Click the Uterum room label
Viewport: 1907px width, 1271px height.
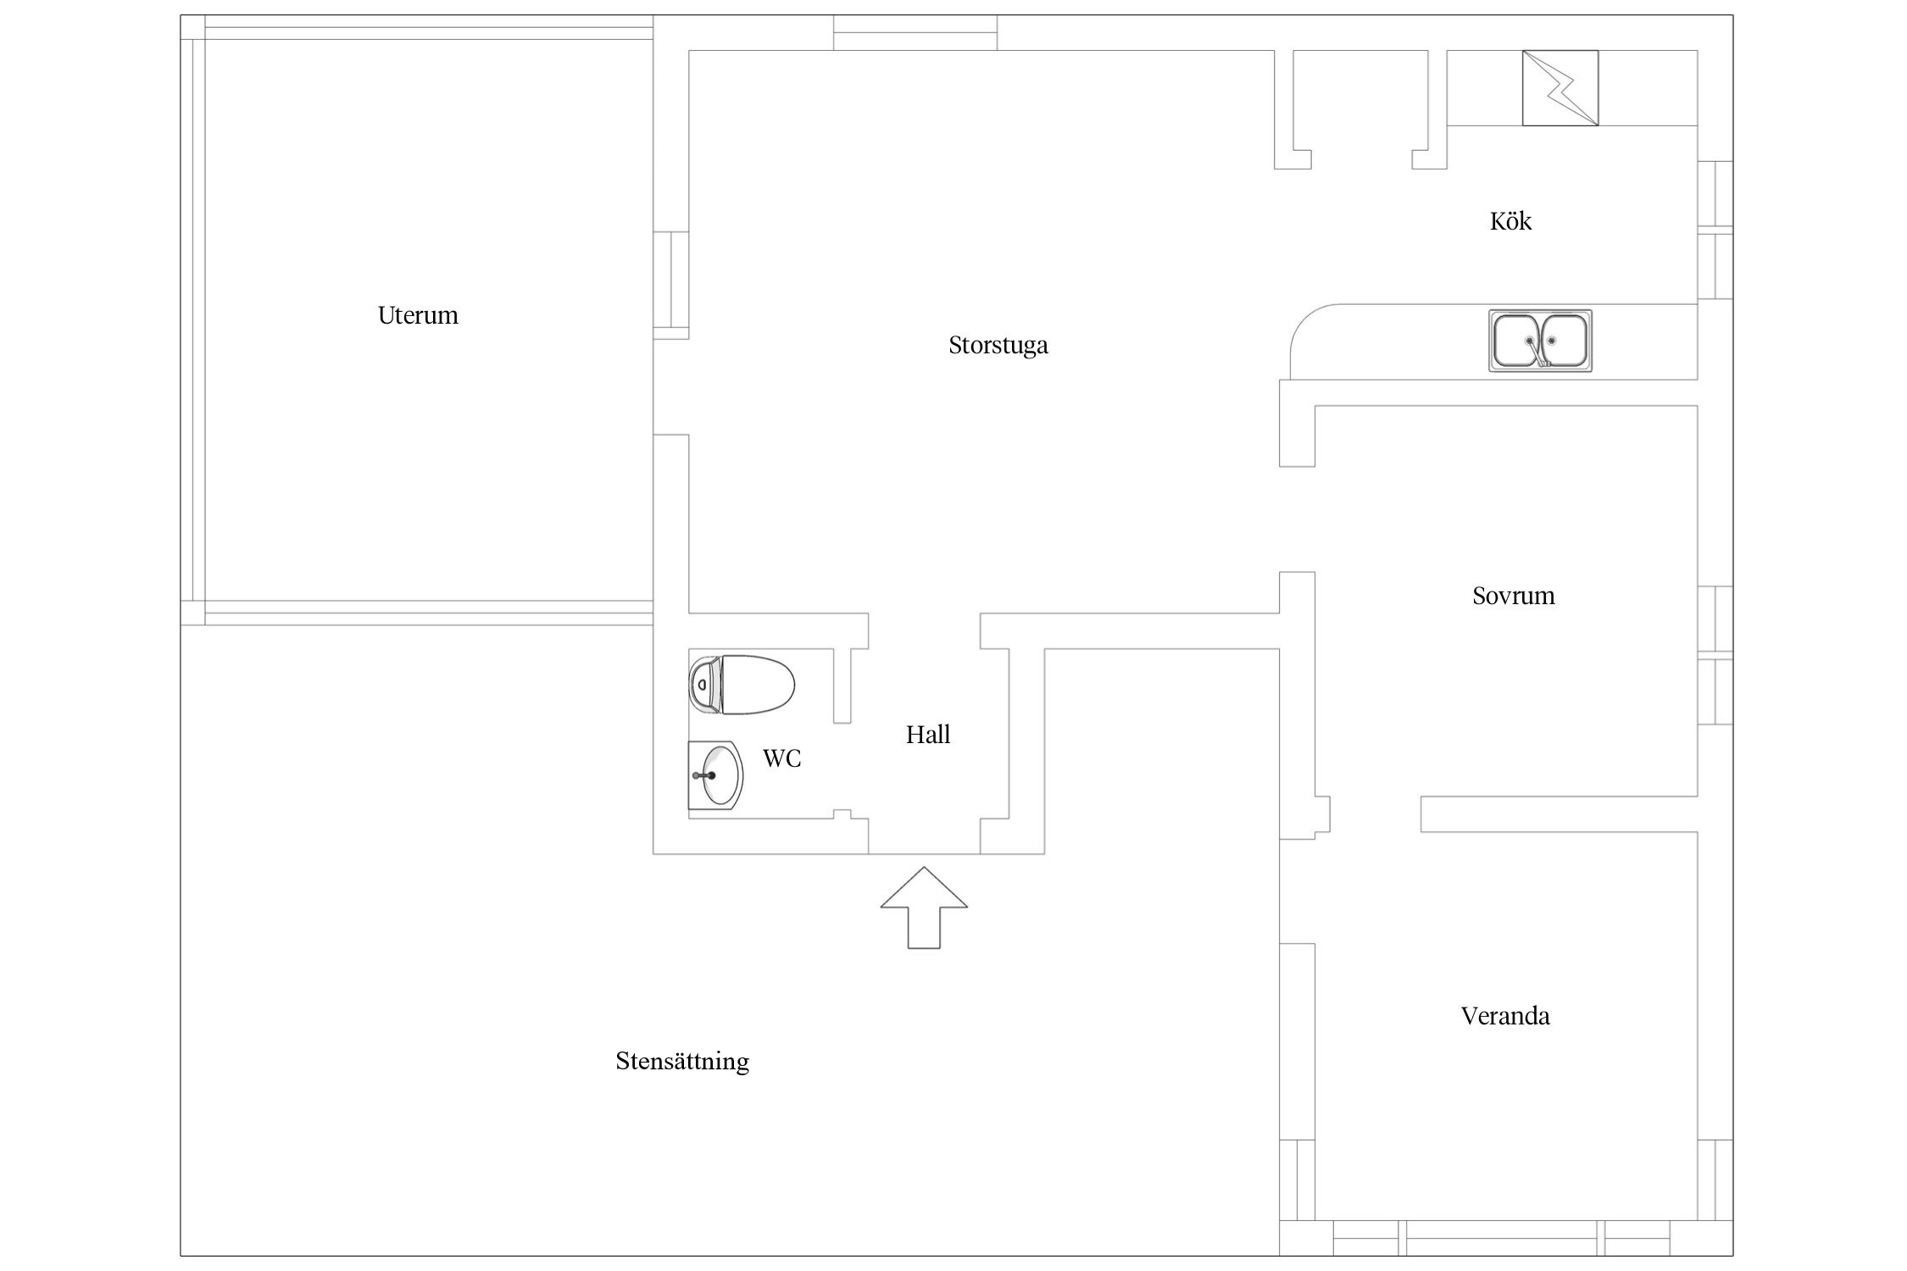418,315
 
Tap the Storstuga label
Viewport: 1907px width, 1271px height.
998,346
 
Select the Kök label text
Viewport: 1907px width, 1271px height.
1510,221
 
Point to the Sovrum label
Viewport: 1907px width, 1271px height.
1513,596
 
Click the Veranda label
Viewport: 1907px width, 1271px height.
1505,1016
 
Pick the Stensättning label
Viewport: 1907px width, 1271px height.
682,1062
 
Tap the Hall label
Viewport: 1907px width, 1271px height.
927,735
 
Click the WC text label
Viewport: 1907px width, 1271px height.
781,758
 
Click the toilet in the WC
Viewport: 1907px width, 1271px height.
741,685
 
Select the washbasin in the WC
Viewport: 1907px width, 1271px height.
715,775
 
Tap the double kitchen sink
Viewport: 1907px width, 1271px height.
1540,341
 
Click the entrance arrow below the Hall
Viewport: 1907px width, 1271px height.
924,907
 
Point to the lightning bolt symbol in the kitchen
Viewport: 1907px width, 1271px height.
1560,88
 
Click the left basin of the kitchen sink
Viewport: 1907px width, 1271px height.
1516,340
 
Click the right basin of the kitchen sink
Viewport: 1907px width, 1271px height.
1565,340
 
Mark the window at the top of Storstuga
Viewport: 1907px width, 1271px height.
915,33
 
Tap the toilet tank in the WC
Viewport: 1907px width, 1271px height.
703,685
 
